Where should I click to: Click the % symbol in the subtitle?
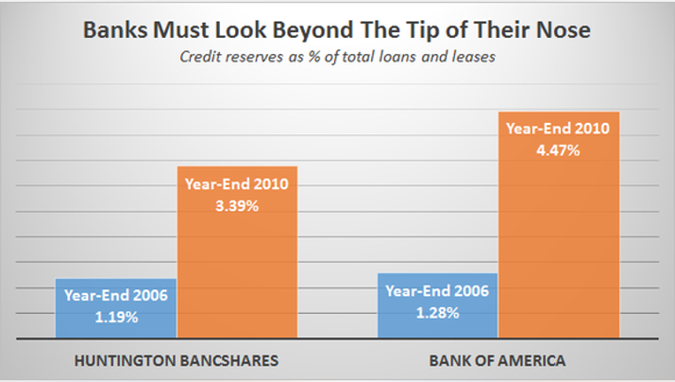315,57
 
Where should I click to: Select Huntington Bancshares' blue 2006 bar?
116,309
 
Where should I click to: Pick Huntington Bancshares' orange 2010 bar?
237,252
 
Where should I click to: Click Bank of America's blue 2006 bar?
437,306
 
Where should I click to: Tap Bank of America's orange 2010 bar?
558,225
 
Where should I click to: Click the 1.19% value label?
117,317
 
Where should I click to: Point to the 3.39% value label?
237,206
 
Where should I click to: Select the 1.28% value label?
437,313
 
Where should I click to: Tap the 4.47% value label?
557,150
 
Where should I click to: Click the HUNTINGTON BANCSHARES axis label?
177,361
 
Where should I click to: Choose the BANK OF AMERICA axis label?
497,361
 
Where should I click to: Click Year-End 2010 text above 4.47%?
557,128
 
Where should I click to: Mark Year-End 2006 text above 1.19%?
117,295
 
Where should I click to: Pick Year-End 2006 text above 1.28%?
437,291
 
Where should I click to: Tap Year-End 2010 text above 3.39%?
237,184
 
